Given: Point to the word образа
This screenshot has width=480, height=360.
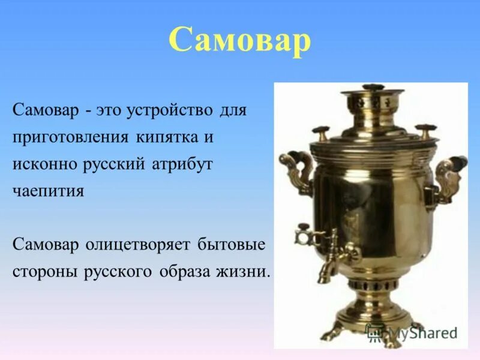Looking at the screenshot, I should [x=186, y=271].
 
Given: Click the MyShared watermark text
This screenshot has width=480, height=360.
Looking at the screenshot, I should [x=414, y=331].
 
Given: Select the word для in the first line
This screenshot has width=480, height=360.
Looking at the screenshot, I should [x=232, y=111].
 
